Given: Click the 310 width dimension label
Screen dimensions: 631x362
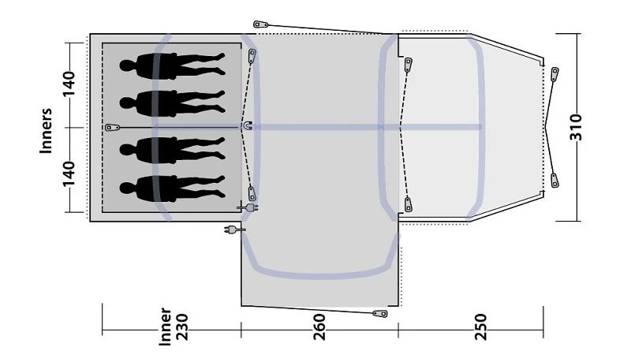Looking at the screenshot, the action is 576,127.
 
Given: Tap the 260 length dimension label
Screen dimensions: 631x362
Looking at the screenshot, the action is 319,327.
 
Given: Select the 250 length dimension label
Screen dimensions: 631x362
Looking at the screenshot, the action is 480,327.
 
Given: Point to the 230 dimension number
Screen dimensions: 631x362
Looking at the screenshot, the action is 181,327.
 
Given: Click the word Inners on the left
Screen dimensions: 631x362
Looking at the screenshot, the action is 47,131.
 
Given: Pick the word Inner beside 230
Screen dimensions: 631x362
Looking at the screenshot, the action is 166,327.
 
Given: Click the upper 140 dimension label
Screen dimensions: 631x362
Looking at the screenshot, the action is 69,84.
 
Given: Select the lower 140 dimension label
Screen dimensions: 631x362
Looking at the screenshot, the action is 69,174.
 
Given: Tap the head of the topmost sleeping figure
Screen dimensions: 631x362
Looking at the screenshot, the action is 127,65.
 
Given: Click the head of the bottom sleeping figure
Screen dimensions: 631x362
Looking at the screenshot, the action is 127,188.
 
